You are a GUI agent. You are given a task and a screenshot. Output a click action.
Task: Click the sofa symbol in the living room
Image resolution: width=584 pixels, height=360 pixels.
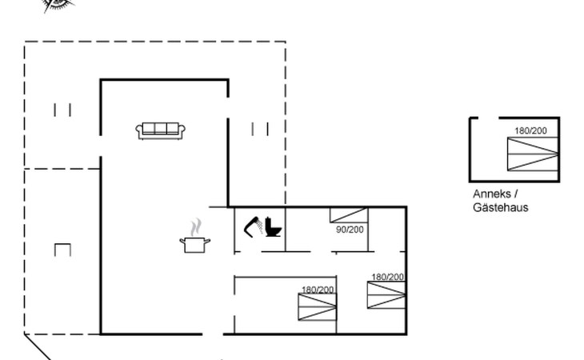tap(161, 130)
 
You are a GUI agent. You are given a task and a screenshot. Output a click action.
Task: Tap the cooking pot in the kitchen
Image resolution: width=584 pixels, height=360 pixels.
tap(194, 244)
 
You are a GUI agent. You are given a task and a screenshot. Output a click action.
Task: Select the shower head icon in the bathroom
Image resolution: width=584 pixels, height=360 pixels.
tap(254, 226)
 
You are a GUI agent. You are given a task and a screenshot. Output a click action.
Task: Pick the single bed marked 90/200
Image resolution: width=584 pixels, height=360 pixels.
tap(349, 214)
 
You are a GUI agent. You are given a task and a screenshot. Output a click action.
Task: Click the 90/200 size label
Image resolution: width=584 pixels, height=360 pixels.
tap(350, 230)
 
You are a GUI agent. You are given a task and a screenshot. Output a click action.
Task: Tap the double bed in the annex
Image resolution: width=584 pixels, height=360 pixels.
tap(532, 153)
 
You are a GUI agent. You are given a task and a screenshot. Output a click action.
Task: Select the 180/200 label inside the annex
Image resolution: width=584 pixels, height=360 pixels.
tap(530, 131)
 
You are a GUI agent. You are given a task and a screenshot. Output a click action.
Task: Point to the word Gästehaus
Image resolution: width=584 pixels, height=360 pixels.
tap(500, 208)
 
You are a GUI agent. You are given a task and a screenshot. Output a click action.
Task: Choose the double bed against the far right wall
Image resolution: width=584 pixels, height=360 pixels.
tap(386, 295)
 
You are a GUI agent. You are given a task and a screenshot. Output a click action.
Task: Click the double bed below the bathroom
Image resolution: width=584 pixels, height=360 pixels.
tap(317, 306)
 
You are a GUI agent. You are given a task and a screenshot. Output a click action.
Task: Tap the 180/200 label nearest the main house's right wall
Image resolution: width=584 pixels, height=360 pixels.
tap(387, 277)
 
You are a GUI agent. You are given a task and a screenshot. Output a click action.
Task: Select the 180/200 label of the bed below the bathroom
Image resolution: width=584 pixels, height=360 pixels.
tap(318, 289)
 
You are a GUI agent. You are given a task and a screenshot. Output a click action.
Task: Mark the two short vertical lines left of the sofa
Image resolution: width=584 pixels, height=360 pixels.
tap(62, 110)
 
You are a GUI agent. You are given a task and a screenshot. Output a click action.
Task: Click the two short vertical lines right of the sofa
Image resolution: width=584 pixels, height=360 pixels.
tap(259, 129)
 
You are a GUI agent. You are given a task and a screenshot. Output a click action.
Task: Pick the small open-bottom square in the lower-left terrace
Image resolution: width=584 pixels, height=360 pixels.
tap(62, 250)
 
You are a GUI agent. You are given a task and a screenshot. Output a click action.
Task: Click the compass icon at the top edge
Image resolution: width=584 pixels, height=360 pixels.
tap(58, 5)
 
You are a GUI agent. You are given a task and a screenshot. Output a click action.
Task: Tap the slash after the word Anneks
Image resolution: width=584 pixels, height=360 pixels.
tap(516, 194)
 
